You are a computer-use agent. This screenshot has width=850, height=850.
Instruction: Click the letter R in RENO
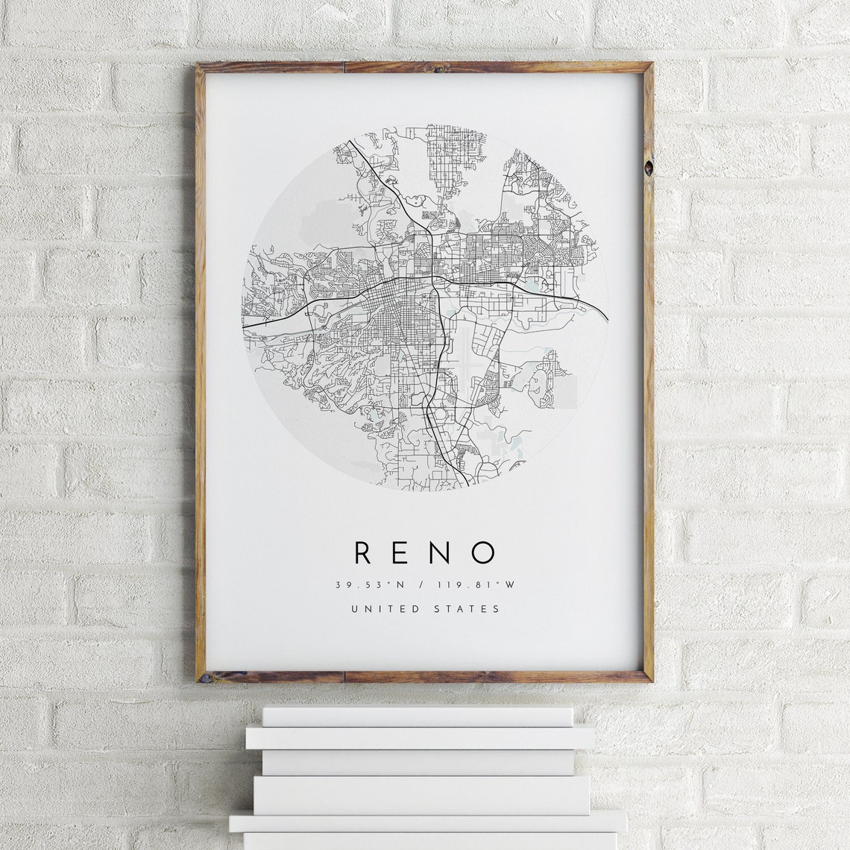(x=363, y=552)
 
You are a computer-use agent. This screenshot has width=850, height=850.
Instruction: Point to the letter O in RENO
(x=485, y=552)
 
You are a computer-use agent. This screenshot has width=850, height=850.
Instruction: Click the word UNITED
(x=385, y=608)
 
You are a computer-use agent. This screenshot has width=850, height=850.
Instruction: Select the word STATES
(x=467, y=608)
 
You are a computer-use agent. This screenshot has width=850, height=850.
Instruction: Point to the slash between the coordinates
(x=421, y=585)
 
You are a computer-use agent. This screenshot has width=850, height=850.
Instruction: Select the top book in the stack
(x=418, y=717)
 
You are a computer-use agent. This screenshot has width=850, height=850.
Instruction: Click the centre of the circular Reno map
(x=425, y=306)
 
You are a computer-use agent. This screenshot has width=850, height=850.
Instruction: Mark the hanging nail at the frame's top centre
(x=435, y=68)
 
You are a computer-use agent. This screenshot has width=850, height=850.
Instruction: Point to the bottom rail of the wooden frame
(x=425, y=677)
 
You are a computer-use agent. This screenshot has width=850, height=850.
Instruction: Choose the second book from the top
(x=421, y=738)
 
